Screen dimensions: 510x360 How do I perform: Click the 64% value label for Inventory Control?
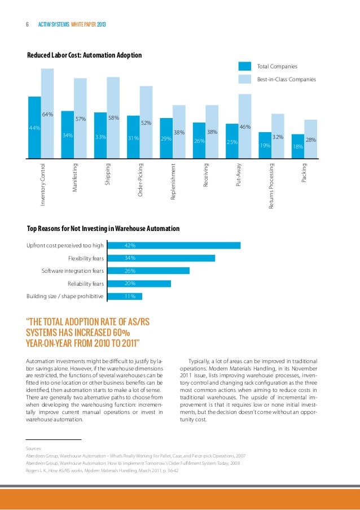click(47, 115)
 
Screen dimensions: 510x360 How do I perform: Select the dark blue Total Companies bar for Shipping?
click(100, 136)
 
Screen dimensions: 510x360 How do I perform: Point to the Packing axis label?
click(304, 172)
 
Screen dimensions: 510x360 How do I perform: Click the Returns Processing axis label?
click(271, 186)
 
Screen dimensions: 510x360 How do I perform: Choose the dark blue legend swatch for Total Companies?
click(245, 67)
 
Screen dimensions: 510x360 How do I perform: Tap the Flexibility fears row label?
click(86, 259)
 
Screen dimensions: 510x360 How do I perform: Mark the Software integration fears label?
click(73, 271)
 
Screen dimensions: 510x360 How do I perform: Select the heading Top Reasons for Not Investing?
click(103, 229)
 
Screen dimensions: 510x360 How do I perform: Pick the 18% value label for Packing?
click(298, 147)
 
